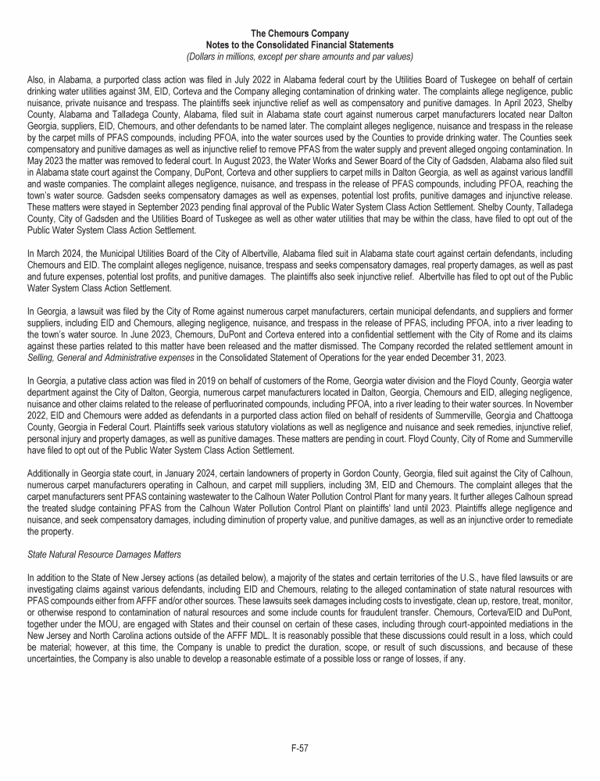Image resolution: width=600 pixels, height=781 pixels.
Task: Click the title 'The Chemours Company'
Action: pyautogui.click(x=300, y=34)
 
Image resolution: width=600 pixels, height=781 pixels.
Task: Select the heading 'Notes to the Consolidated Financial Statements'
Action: pyautogui.click(x=300, y=45)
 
